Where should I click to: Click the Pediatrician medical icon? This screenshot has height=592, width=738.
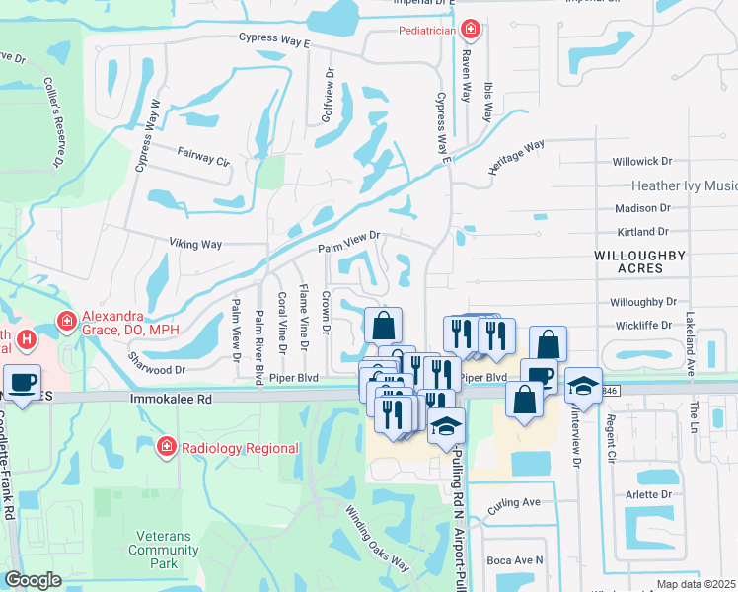[x=471, y=31]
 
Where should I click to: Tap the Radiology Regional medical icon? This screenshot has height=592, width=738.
[x=167, y=448]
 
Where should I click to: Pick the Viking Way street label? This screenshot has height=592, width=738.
[x=194, y=243]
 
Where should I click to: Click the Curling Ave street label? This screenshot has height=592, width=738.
[x=515, y=502]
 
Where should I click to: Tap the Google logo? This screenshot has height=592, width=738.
[x=34, y=580]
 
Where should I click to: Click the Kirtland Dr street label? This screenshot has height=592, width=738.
[x=641, y=232]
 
